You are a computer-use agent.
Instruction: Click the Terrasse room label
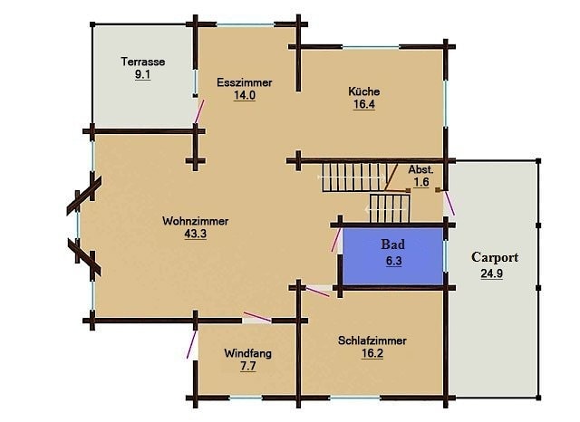(143, 62)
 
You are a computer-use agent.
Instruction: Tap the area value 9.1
(143, 74)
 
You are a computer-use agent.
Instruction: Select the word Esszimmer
(245, 82)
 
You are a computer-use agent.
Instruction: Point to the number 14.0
(245, 95)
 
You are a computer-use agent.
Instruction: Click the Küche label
(364, 91)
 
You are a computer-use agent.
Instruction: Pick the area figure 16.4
(364, 104)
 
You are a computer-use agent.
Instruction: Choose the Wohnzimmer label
(196, 221)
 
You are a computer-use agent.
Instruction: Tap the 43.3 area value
(196, 234)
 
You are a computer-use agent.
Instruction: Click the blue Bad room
(392, 256)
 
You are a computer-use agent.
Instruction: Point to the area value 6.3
(393, 261)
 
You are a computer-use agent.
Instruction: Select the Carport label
(495, 257)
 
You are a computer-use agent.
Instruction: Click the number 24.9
(491, 273)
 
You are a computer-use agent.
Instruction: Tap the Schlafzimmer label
(372, 340)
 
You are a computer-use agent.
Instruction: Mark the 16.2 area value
(372, 353)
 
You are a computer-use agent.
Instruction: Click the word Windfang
(247, 353)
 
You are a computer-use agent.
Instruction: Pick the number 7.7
(247, 366)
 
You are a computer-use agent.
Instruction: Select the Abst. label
(420, 169)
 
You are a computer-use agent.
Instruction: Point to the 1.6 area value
(421, 182)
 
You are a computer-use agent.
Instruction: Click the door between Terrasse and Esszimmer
(199, 111)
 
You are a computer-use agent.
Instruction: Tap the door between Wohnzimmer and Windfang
(257, 317)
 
